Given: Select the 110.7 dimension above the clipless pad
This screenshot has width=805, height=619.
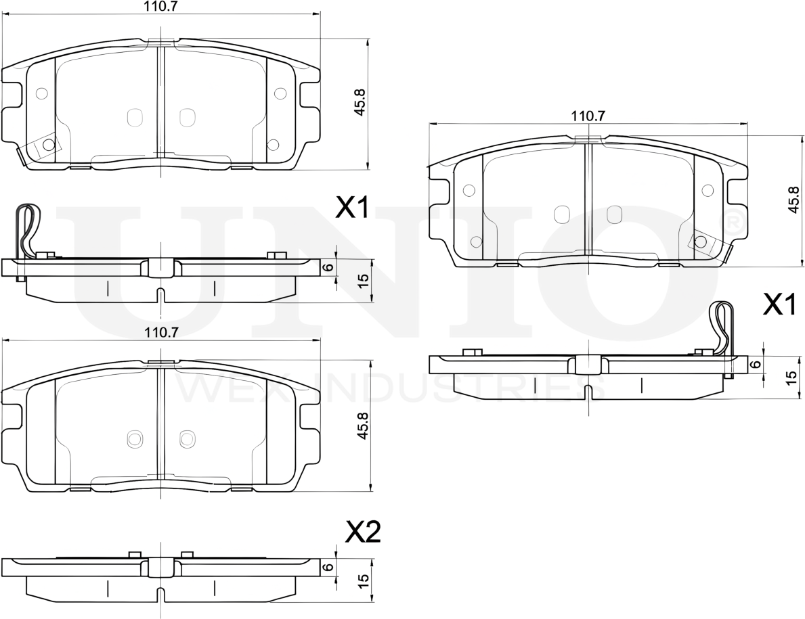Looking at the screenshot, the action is [161, 331].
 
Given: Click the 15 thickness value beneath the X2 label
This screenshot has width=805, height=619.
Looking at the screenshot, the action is [363, 580].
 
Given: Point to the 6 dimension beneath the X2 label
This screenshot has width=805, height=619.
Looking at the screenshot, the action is [329, 567].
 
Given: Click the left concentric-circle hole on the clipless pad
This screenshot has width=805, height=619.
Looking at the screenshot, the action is [134, 438].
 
